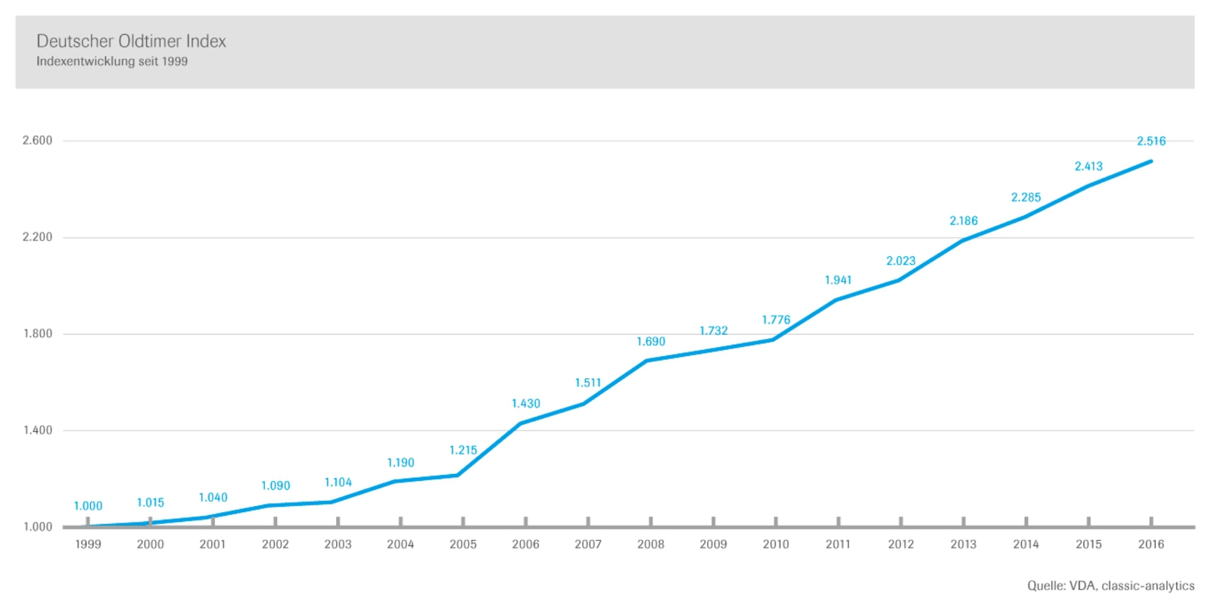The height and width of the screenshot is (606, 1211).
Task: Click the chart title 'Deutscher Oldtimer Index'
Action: (x=131, y=41)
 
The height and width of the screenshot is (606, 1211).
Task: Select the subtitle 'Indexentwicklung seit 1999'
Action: (x=112, y=61)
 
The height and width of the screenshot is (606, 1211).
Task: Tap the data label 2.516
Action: (x=1151, y=141)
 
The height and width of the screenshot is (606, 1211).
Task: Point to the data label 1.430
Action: (x=525, y=404)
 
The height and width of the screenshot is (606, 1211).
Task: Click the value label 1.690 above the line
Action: (x=650, y=342)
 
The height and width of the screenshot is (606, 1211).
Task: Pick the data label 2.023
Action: (x=901, y=261)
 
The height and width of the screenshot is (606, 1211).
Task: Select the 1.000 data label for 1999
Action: (x=88, y=506)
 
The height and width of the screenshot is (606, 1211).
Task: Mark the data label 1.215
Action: (x=462, y=450)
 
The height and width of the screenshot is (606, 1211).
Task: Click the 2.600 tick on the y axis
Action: (x=37, y=141)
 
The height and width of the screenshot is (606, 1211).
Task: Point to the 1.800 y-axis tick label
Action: (x=37, y=334)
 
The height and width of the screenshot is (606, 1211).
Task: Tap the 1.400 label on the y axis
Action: (x=37, y=431)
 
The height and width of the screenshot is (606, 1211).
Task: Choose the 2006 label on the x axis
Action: (x=525, y=545)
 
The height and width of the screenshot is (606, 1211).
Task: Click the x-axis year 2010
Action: (x=776, y=545)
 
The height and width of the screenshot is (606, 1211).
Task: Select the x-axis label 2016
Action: (x=1151, y=545)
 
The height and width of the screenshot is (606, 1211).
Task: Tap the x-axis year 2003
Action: (x=338, y=545)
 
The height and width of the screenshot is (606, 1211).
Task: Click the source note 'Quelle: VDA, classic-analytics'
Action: (x=1111, y=586)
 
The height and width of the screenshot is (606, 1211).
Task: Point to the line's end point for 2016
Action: (x=1150, y=161)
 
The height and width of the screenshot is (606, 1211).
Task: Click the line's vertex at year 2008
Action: (x=648, y=361)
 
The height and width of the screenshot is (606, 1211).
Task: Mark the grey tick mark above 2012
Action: (x=901, y=521)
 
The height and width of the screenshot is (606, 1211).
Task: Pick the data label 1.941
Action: (x=838, y=280)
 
